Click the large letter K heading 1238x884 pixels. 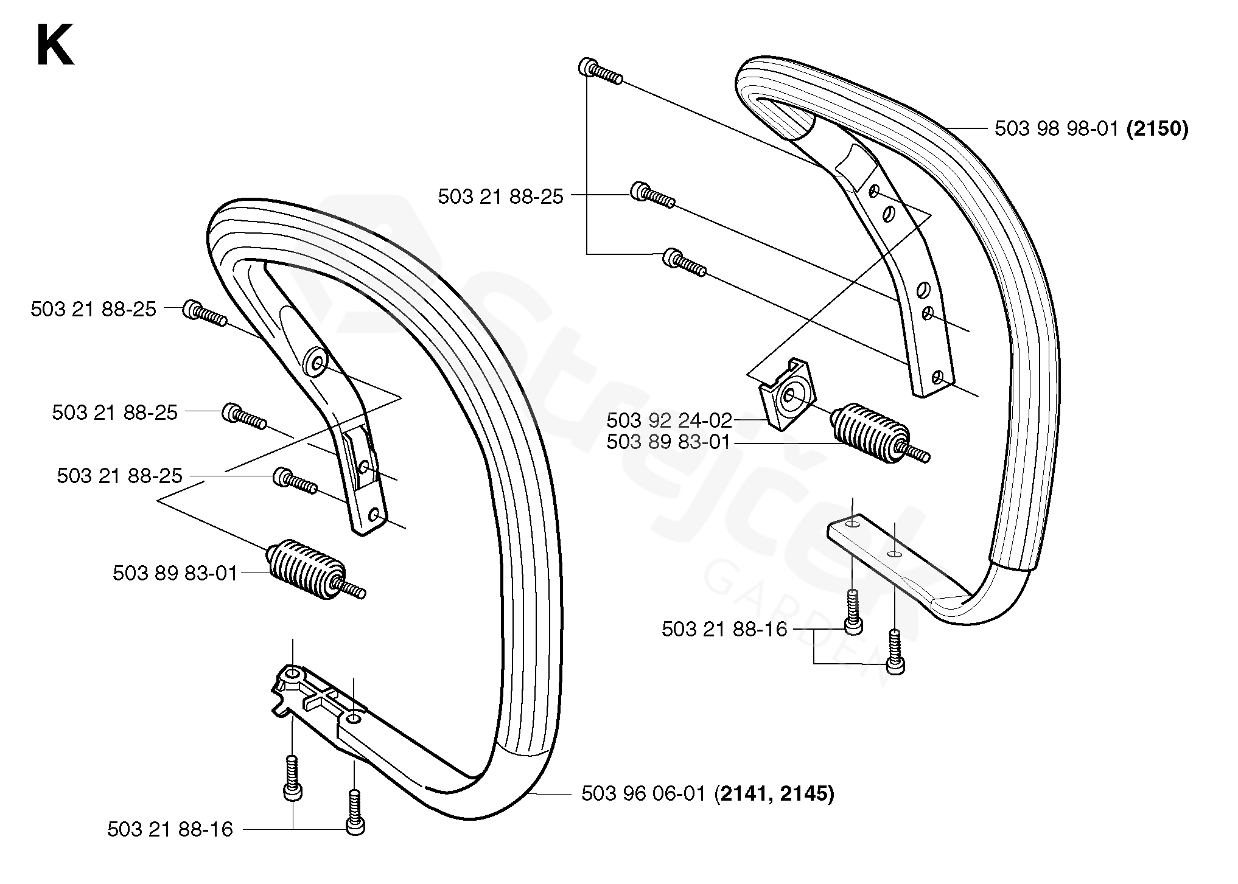click(x=55, y=45)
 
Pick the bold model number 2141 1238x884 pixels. click(x=742, y=793)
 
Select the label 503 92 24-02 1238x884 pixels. click(x=669, y=420)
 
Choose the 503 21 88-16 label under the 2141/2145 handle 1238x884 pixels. click(x=170, y=829)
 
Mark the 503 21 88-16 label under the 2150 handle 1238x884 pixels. click(x=724, y=629)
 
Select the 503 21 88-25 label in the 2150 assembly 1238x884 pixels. click(x=500, y=197)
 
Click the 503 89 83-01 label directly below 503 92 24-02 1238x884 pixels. click(x=668, y=442)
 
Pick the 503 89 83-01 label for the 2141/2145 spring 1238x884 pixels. click(x=175, y=573)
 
